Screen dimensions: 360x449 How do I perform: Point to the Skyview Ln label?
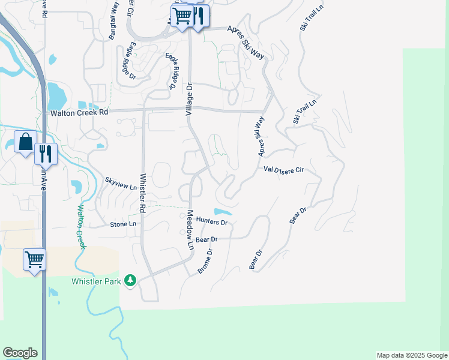point(122,184)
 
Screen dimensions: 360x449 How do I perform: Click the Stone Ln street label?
point(123,224)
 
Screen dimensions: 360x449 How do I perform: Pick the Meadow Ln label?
point(190,230)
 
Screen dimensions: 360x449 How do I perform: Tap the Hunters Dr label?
point(212,222)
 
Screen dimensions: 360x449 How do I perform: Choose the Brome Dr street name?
point(206,262)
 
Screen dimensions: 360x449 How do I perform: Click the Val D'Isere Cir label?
point(285,170)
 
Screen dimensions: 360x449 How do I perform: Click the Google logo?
point(20,353)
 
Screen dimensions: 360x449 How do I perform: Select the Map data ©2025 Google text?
point(411,355)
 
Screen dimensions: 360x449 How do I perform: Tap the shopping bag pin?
point(26,143)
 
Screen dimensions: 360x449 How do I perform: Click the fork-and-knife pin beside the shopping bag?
point(46,154)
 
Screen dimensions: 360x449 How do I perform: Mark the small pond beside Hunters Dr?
point(222,212)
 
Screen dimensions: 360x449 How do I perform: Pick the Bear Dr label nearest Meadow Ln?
point(206,239)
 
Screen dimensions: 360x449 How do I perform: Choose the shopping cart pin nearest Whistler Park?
point(34,260)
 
